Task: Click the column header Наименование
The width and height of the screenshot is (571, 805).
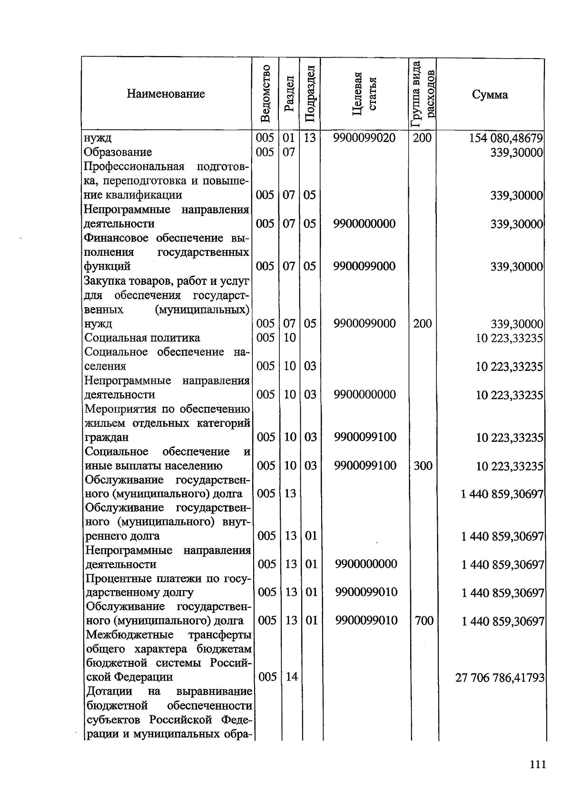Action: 166,94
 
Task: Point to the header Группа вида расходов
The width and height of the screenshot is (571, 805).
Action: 423,94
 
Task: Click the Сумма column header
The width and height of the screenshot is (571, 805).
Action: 490,94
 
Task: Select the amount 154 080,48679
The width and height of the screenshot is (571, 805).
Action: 506,139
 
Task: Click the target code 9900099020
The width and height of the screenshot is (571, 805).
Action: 364,138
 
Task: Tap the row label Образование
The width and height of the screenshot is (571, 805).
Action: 118,152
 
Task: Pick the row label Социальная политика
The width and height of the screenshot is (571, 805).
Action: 142,338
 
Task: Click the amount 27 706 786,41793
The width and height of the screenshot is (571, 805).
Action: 500,677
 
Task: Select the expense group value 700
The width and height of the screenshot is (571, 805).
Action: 423,620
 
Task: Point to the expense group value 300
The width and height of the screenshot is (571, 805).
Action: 423,465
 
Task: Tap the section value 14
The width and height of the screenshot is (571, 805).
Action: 291,676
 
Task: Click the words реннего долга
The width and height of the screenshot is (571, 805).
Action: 122,536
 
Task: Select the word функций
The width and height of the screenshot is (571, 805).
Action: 108,266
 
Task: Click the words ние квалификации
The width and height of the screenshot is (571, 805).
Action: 133,195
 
